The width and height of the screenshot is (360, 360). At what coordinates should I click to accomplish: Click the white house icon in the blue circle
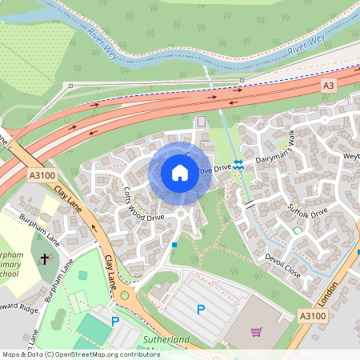[180, 172]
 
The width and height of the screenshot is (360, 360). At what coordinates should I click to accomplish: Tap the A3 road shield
[328, 85]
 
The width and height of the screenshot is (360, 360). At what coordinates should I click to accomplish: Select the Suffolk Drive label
[308, 213]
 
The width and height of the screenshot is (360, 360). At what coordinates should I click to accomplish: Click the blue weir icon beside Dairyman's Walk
[238, 163]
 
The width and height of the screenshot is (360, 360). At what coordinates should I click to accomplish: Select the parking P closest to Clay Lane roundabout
[115, 322]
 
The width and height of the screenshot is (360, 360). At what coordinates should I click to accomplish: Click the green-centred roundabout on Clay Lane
[125, 295]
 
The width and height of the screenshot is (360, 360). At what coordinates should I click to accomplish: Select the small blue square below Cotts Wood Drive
[174, 244]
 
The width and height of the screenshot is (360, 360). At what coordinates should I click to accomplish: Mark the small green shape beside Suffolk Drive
[298, 230]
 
